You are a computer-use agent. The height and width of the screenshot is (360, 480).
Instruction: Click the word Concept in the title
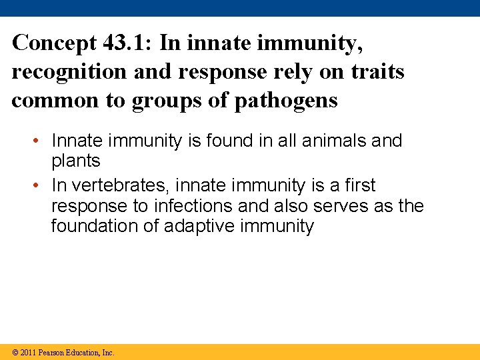pos(55,43)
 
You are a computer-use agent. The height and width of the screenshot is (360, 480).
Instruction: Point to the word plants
pos(75,161)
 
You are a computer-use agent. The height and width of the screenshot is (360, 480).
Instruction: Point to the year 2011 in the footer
pos(28,352)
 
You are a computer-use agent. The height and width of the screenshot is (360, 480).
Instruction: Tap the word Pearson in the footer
pos(51,352)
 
